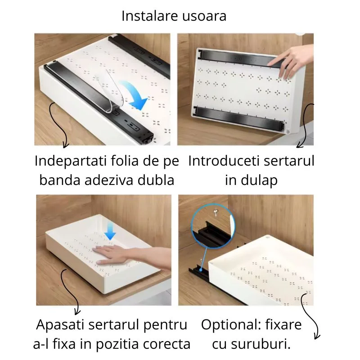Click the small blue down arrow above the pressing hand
point(111,232)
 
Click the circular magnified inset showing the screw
point(211,227)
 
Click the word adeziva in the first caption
point(112,180)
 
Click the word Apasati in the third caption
point(62,324)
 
